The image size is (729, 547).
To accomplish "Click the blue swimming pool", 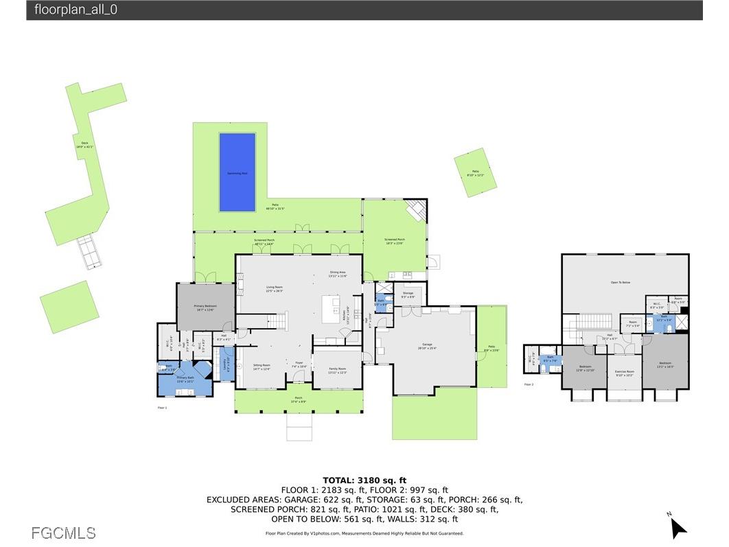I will [x=238, y=172].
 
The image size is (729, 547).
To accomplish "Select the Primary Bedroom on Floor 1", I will [x=205, y=308].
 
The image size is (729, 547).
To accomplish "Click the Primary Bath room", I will [x=185, y=380].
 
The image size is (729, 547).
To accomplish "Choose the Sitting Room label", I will [x=262, y=366].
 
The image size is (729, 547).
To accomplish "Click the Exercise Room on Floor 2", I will [x=624, y=373].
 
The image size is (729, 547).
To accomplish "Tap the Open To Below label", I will [x=620, y=282].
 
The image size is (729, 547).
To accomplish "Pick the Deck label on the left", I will [x=84, y=144].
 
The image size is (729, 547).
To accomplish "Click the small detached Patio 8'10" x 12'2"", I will [x=474, y=172].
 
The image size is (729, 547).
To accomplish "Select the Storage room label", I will [x=408, y=294].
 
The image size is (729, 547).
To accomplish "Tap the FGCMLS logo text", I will [x=64, y=533].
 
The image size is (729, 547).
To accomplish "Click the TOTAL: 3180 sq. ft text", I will [x=364, y=480].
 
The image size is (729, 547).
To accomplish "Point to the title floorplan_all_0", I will [x=76, y=10].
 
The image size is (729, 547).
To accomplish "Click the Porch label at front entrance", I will [x=299, y=398].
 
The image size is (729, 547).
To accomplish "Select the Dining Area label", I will [x=338, y=274].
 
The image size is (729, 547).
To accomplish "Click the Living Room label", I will [x=275, y=289].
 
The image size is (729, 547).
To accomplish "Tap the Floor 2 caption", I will [x=529, y=384].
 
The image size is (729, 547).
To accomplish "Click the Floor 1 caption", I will [x=162, y=408].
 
